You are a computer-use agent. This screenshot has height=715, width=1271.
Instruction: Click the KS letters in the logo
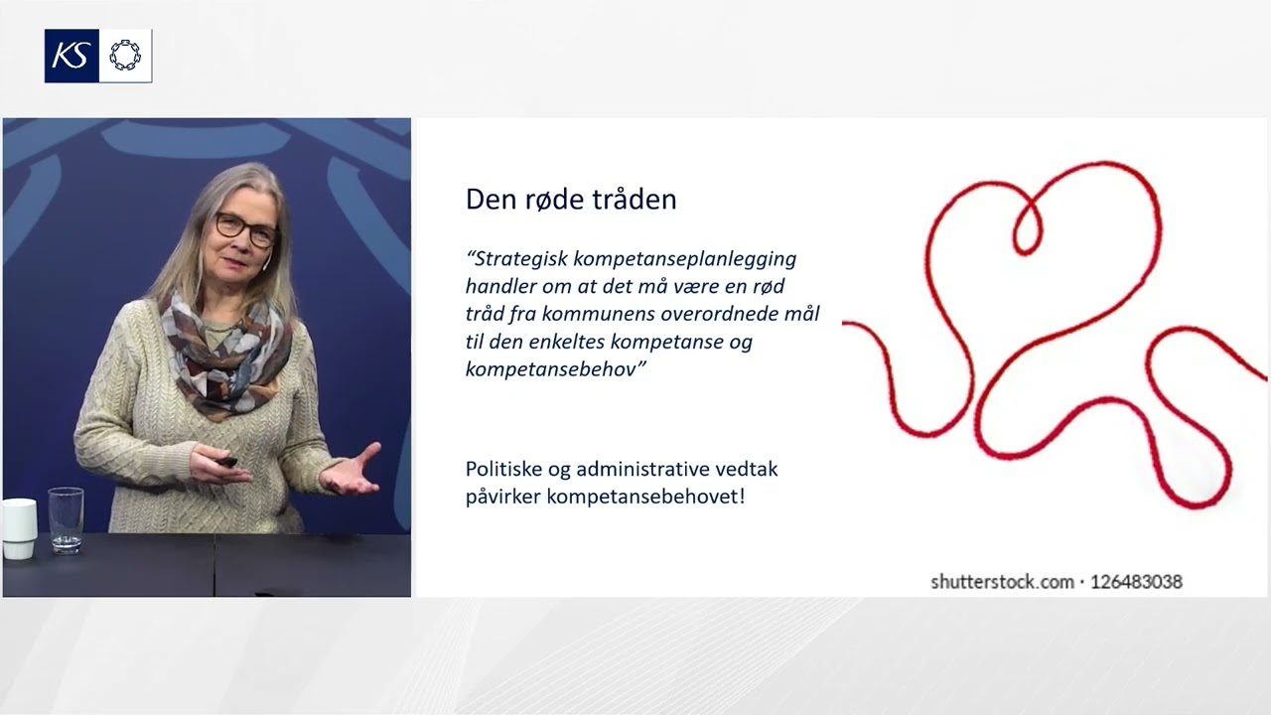(x=71, y=56)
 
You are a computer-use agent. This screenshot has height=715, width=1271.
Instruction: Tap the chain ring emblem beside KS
(x=125, y=56)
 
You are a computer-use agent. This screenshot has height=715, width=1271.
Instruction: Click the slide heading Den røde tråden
(x=571, y=200)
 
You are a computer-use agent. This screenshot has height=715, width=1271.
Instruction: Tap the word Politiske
(x=507, y=469)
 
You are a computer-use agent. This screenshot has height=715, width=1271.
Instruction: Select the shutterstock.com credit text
(x=1001, y=582)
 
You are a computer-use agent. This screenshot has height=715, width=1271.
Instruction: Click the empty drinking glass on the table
(x=66, y=518)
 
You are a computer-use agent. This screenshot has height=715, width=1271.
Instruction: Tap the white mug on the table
(x=18, y=527)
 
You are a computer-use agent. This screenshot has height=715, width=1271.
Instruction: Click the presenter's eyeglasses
(x=244, y=229)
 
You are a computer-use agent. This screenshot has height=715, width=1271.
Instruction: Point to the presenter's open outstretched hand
(x=352, y=473)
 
